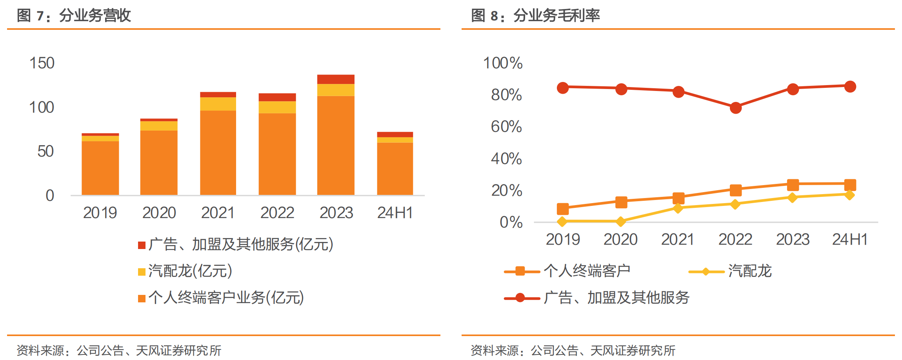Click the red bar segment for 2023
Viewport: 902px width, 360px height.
pyautogui.click(x=336, y=79)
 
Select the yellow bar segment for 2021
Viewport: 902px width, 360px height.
pyautogui.click(x=218, y=104)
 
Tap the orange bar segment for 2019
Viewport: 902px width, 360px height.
pyautogui.click(x=100, y=168)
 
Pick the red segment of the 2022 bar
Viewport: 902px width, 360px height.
pyautogui.click(x=277, y=97)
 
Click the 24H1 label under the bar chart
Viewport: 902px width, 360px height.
pyautogui.click(x=395, y=213)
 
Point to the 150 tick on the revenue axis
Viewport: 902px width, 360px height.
pyautogui.click(x=42, y=63)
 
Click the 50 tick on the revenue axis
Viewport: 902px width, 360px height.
pyautogui.click(x=45, y=151)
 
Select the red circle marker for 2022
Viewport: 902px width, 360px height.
pyautogui.click(x=736, y=108)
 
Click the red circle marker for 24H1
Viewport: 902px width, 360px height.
pyautogui.click(x=850, y=87)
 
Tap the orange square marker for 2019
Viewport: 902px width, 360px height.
pyautogui.click(x=563, y=209)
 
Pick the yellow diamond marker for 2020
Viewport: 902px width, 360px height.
pyautogui.click(x=621, y=222)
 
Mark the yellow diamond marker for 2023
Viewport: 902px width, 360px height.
pyautogui.click(x=793, y=198)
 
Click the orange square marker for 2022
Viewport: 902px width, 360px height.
pyautogui.click(x=736, y=191)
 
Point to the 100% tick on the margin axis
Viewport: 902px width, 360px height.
pyautogui.click(x=503, y=63)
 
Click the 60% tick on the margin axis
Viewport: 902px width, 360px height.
pyautogui.click(x=506, y=127)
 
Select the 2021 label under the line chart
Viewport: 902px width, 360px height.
pyautogui.click(x=678, y=239)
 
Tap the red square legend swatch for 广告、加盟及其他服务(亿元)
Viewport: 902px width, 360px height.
pyautogui.click(x=142, y=245)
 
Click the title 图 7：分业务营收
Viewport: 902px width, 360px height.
pyautogui.click(x=74, y=16)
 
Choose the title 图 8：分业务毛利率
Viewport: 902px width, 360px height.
pyautogui.click(x=535, y=16)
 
